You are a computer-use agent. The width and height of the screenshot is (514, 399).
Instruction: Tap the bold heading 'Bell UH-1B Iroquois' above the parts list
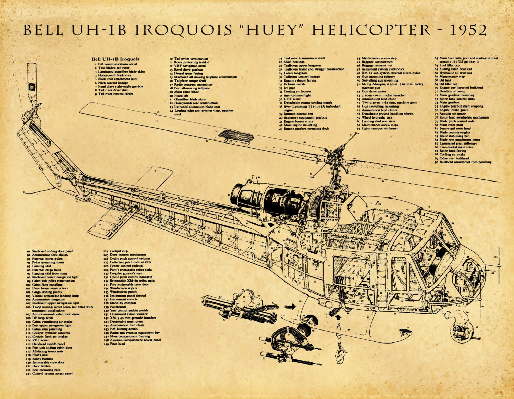coord(115,59)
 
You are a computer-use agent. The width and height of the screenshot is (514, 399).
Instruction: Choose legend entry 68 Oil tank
coord(445,80)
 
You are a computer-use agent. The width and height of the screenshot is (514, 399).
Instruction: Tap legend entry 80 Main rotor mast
coord(452,125)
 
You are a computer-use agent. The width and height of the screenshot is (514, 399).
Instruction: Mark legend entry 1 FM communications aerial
coord(116,64)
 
